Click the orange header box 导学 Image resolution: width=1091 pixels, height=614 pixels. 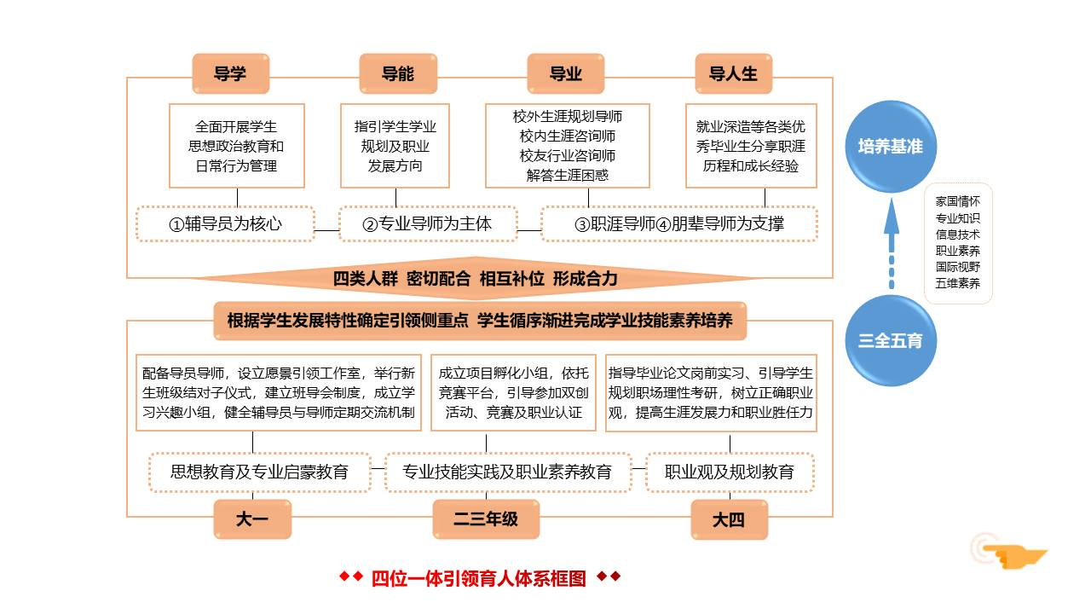coord(230,73)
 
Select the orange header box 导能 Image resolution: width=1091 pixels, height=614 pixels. coord(398,73)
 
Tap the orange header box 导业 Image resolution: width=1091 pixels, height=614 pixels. coord(566,73)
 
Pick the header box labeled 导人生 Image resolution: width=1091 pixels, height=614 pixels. coord(733,73)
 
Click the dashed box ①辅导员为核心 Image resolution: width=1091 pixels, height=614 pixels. coord(225,224)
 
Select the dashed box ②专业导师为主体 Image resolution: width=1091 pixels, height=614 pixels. coord(428,224)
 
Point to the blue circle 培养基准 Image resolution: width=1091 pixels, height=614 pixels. coord(890,147)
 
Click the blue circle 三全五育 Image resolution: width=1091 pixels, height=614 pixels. coord(890,340)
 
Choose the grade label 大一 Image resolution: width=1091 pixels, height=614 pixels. coord(252,519)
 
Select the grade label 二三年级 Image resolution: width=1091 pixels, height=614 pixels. coord(486,519)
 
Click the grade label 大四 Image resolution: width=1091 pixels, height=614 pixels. coord(729,519)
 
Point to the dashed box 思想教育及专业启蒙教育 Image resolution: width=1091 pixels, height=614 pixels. coord(260,472)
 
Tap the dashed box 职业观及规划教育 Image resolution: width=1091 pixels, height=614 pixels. coord(730,472)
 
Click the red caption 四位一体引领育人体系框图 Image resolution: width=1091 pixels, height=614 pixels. coord(479,578)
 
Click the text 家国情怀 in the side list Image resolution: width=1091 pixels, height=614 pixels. coord(958,202)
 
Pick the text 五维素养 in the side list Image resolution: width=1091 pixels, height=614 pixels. coord(958,283)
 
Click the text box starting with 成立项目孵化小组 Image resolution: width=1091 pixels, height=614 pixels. coord(513,393)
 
